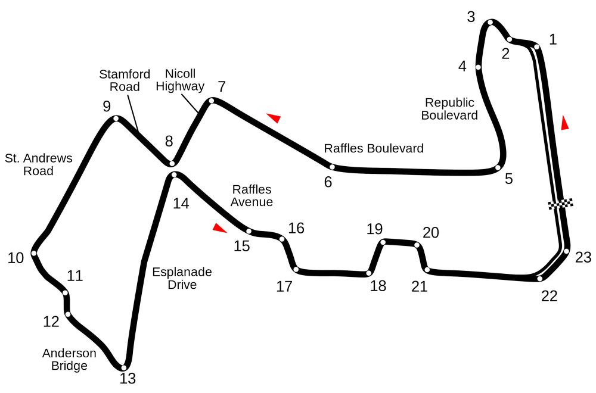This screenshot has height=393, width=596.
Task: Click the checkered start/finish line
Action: coord(560,204)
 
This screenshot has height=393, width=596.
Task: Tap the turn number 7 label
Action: coord(222,87)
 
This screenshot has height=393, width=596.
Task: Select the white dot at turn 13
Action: coord(123,367)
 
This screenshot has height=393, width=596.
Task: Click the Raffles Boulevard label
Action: coord(374,148)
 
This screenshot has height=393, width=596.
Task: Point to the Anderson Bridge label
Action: coord(69,359)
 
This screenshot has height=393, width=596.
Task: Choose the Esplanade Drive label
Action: coord(182,278)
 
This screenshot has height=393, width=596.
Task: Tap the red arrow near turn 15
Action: coord(219,228)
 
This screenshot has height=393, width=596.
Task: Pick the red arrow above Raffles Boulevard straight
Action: coord(274,118)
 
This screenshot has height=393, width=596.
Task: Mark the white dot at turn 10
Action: coord(34,253)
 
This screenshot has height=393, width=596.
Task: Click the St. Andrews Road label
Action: coord(38,164)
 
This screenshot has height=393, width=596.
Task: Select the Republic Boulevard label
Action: coord(449,108)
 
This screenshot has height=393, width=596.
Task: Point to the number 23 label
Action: coord(583,257)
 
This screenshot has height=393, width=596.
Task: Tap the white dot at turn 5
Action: coord(498,168)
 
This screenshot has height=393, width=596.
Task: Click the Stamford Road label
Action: coord(125,80)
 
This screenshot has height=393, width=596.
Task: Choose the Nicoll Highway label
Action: coord(180,80)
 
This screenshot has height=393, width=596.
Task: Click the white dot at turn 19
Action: coord(383,242)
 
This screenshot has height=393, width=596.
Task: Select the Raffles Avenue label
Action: coord(252,195)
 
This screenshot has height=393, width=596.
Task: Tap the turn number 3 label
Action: coord(471,17)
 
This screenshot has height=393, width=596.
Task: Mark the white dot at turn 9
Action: coord(116,118)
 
